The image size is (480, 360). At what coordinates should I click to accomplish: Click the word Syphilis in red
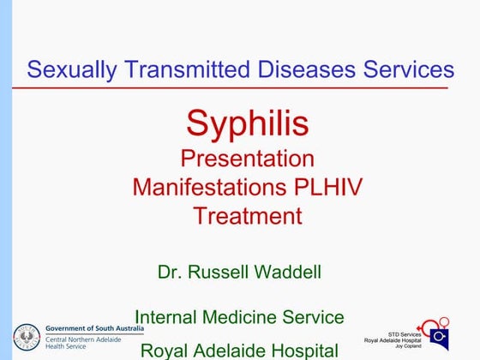(x=248, y=124)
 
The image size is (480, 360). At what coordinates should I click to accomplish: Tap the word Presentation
(x=248, y=159)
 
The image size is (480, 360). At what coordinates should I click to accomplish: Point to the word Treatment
(x=248, y=215)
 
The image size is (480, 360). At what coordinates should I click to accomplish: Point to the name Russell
(x=217, y=273)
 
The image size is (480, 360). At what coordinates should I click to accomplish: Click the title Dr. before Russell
(x=170, y=273)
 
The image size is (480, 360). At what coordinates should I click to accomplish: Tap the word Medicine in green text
(x=249, y=317)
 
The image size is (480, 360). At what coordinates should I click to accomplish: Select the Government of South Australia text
(x=94, y=328)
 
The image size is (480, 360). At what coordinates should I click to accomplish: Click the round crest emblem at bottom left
(x=27, y=337)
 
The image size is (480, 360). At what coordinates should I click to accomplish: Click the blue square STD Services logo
(x=439, y=334)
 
